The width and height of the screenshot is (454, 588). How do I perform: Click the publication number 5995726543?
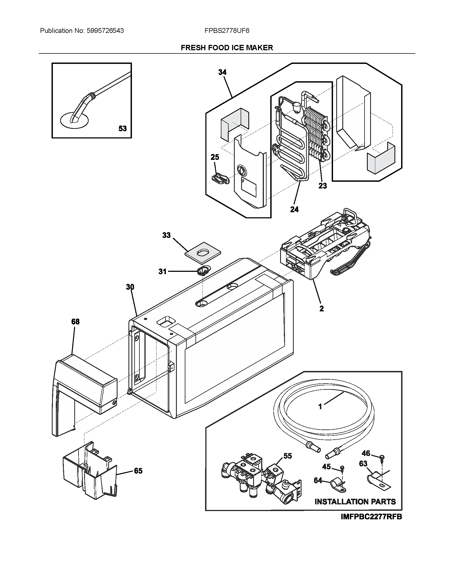coord(105,31)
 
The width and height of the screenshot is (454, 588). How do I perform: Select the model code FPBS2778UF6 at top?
coord(227,31)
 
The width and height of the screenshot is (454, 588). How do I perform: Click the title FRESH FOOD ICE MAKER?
coord(227,48)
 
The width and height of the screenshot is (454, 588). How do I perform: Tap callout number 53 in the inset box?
coord(123,129)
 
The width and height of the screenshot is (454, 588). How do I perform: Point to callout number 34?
coord(222,72)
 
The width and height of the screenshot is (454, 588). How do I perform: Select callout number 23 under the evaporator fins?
coord(323,185)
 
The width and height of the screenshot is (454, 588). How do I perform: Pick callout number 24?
coord(294,209)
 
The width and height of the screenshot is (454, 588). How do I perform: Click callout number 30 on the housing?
coord(130,287)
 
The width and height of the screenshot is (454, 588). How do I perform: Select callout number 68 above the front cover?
coord(75,322)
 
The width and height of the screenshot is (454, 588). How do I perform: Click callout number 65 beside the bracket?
coord(138,471)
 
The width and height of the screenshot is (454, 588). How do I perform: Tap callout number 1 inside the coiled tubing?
coord(320,407)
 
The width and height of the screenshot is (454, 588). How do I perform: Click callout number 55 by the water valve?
coord(288,456)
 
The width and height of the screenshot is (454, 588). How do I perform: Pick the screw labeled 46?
coord(382,457)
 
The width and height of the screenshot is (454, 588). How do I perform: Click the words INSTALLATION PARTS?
coord(355,502)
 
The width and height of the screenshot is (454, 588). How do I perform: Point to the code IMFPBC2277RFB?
coord(371,517)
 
